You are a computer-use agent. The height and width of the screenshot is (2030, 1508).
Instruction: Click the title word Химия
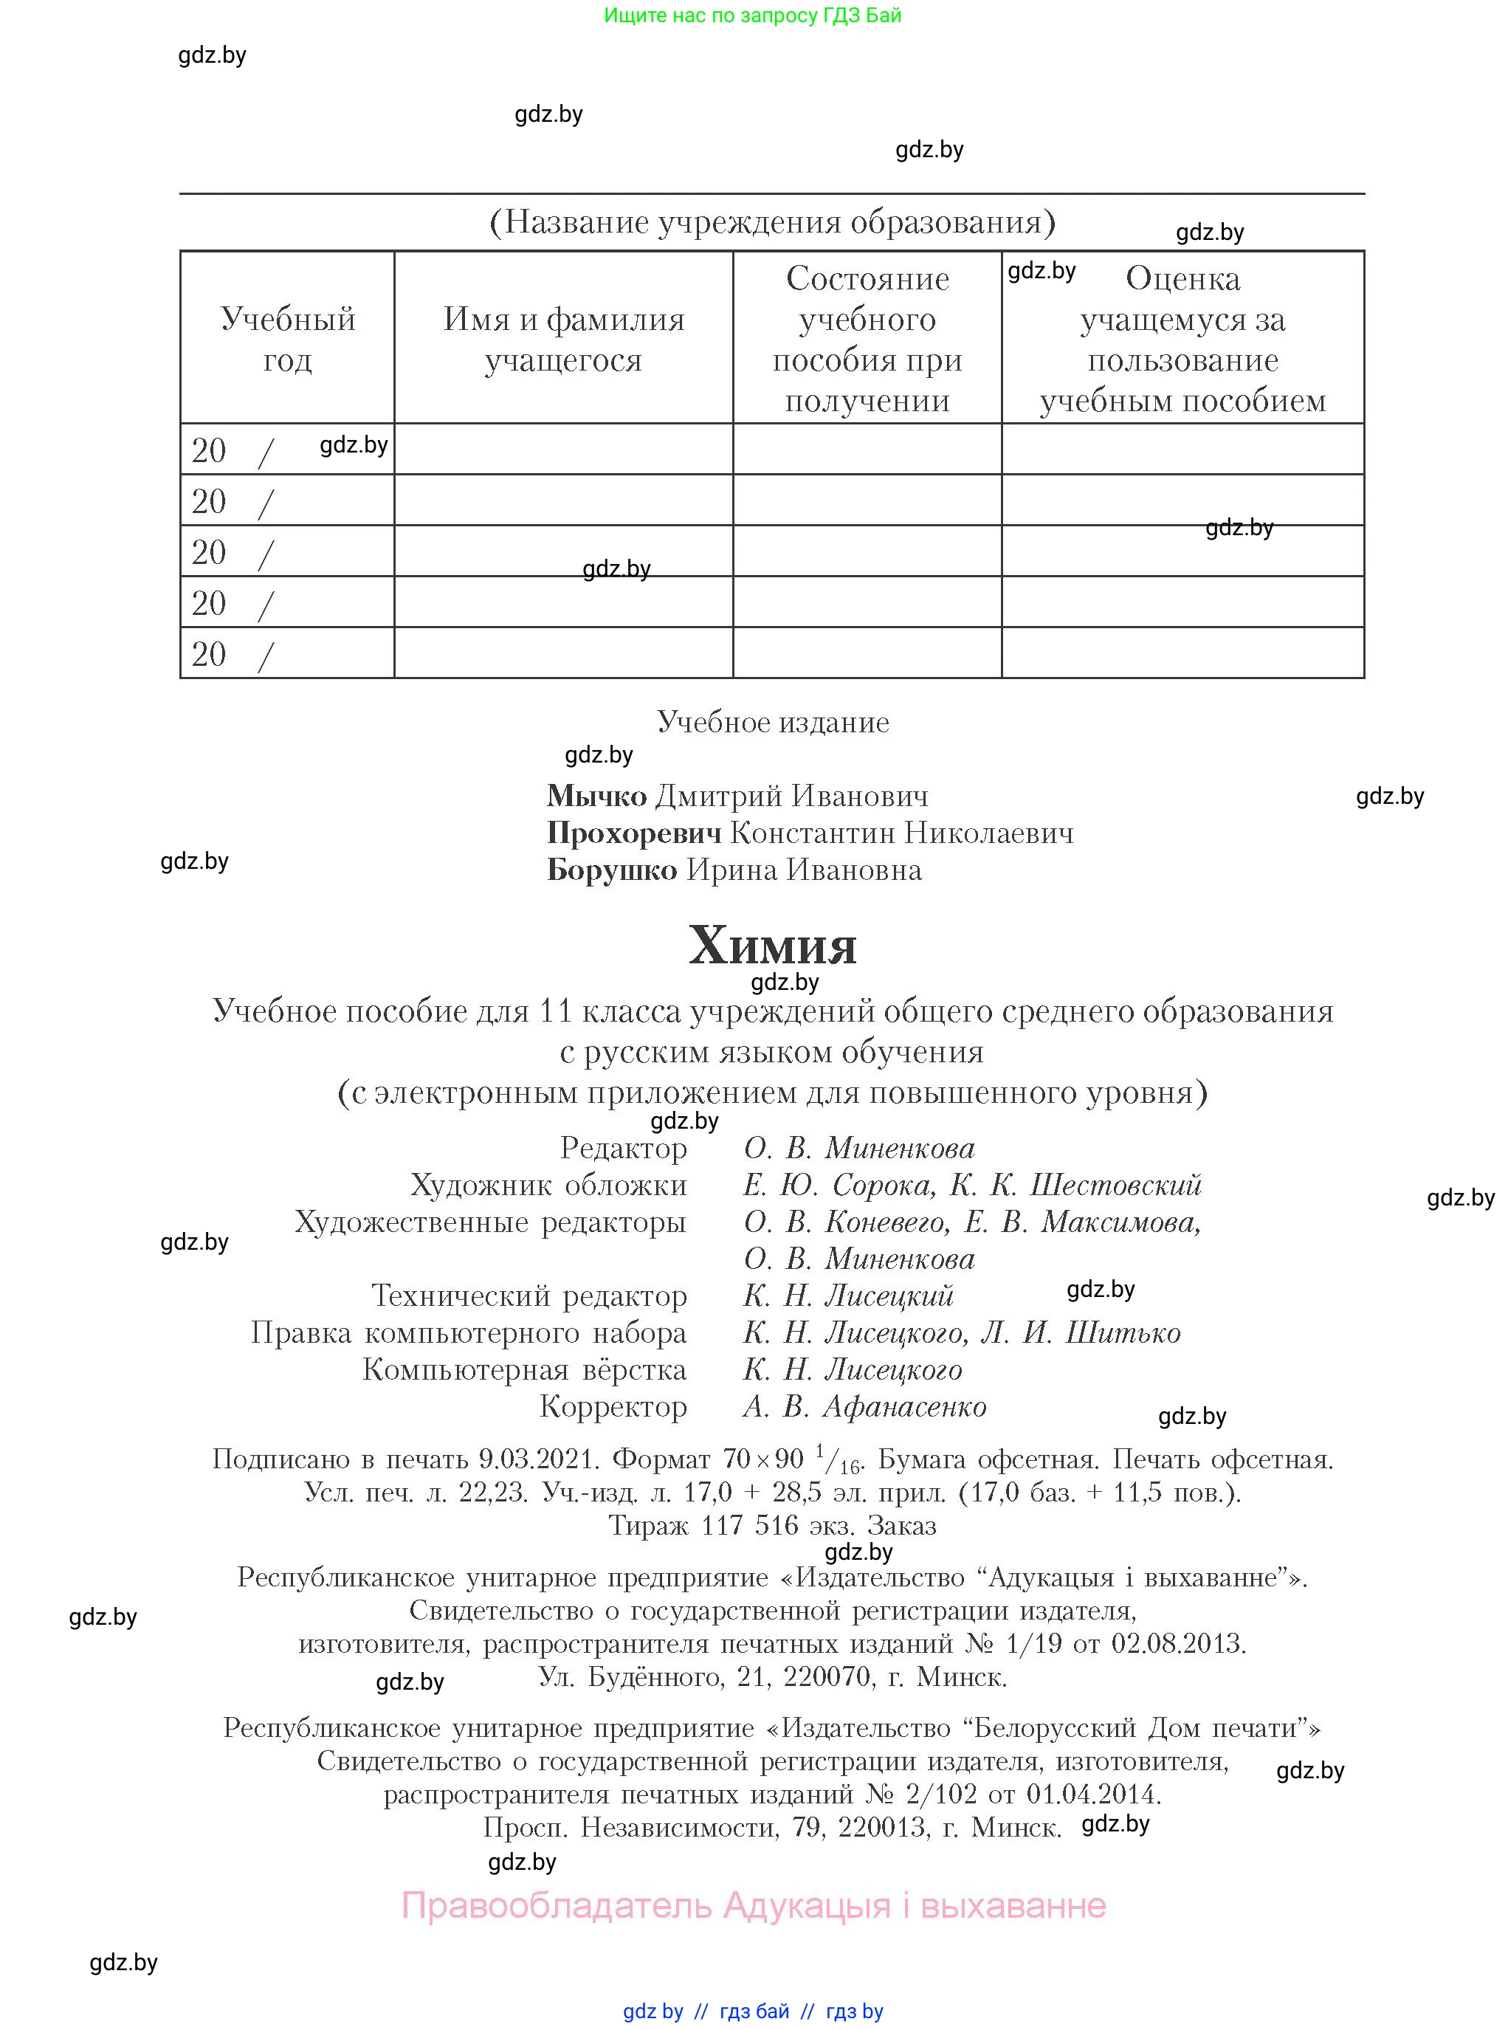coord(771,946)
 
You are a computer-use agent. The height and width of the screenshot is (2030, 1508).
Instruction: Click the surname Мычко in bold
coord(596,796)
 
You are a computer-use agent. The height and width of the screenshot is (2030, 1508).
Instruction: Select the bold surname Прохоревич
coord(633,833)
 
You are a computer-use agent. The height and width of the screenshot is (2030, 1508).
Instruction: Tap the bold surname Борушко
coord(612,870)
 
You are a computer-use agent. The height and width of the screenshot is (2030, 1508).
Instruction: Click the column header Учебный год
coord(288,339)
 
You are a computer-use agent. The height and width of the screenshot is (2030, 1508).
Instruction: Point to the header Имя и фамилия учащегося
coord(563,339)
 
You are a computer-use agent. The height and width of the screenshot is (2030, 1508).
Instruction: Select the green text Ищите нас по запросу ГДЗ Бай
coord(752,16)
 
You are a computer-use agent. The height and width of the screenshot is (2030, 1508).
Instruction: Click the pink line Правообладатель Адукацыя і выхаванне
coord(753,1905)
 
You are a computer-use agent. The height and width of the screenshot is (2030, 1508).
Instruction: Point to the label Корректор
coord(613,1406)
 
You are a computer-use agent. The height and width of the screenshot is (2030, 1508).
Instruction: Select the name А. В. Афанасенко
coord(864,1406)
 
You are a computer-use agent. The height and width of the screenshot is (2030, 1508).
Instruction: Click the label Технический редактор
coord(529,1296)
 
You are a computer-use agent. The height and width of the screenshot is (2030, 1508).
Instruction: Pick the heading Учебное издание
coord(772,722)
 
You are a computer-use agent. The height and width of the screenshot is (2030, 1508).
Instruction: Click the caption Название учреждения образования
coord(772,221)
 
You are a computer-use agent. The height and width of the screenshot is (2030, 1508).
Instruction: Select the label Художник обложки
coord(548,1185)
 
